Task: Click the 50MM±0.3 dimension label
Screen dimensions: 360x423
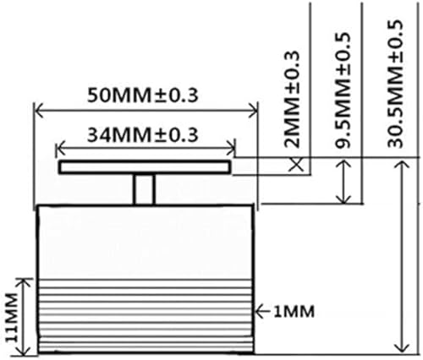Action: tap(143, 95)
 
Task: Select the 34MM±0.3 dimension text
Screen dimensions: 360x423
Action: tap(143, 134)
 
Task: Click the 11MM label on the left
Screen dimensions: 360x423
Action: tap(11, 316)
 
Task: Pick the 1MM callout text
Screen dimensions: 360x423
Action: tap(293, 311)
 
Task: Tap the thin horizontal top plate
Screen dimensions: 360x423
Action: tap(143, 169)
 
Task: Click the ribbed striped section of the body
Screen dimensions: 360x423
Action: tap(144, 317)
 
